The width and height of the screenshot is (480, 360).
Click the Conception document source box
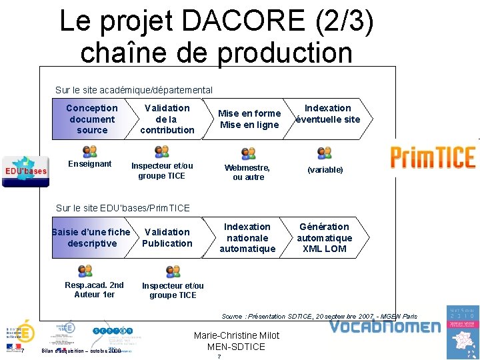(x=92, y=119)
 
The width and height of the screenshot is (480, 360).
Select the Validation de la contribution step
(x=167, y=119)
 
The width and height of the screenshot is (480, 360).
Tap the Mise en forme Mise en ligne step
(x=249, y=119)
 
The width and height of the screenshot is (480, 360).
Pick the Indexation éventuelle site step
(x=328, y=114)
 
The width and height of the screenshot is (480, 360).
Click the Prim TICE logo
(x=433, y=157)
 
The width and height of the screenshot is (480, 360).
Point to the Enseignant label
(x=90, y=164)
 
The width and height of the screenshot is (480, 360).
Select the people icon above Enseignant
(x=89, y=151)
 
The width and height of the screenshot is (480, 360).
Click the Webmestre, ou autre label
(x=248, y=173)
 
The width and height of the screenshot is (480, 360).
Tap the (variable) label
(x=325, y=170)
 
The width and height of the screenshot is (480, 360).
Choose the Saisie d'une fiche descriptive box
(x=91, y=238)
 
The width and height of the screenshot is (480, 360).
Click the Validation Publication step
(x=167, y=238)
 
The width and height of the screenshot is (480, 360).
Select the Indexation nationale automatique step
(x=247, y=238)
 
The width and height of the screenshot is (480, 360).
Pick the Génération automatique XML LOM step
(x=324, y=238)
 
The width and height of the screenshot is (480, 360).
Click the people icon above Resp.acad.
(x=85, y=271)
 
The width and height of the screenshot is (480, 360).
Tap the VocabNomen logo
(x=385, y=327)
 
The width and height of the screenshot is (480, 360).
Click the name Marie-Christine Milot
(x=236, y=335)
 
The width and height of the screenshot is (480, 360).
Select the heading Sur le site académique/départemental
(x=134, y=90)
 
